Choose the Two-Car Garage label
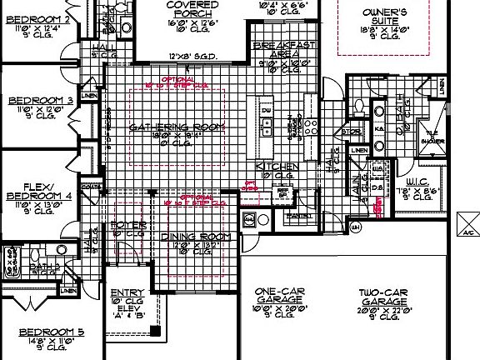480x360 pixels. pyautogui.click(x=381, y=292)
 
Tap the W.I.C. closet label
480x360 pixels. pyautogui.click(x=417, y=182)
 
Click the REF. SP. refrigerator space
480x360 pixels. pyautogui.click(x=282, y=193)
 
